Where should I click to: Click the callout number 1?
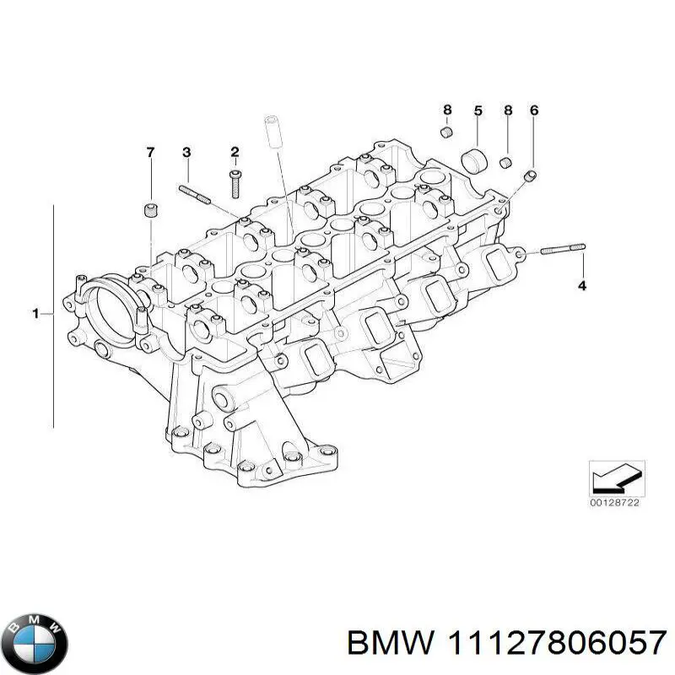point(36,314)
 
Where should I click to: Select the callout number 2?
point(235,152)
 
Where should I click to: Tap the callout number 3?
point(186,152)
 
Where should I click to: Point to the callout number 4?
point(581,287)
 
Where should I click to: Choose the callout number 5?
point(478,111)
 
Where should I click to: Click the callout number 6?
point(533,111)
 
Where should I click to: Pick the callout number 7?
point(151,152)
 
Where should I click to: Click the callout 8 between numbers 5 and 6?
point(507,111)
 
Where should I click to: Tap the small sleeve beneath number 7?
point(150,209)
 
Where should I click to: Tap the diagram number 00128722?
point(616,504)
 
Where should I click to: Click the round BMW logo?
point(34,629)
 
